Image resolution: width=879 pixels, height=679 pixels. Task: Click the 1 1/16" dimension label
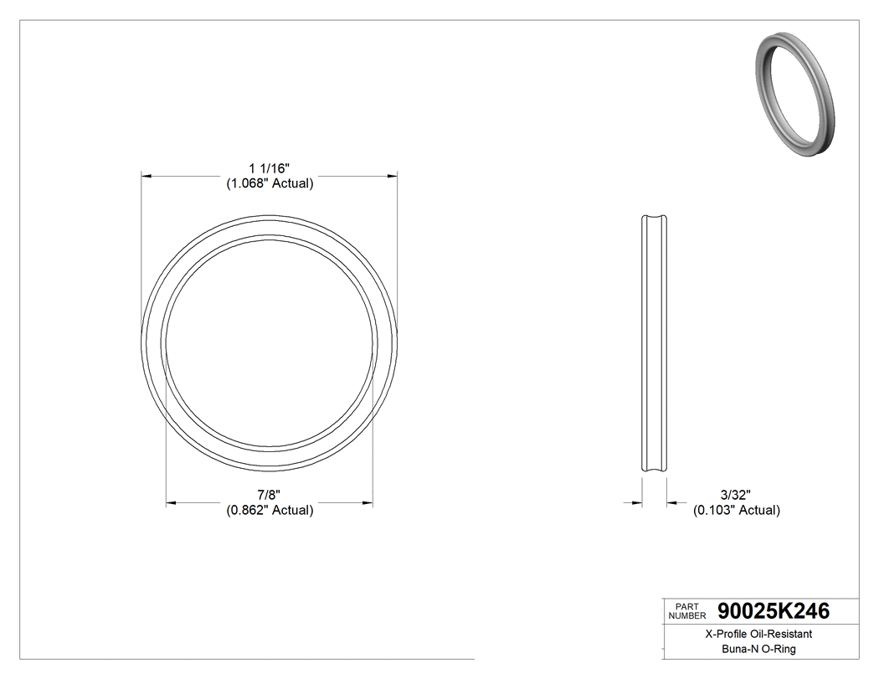click(270, 169)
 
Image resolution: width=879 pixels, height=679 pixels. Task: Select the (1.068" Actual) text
click(270, 184)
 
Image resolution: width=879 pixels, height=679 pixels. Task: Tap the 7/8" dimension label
click(270, 495)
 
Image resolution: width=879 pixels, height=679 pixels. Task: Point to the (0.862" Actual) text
click(270, 510)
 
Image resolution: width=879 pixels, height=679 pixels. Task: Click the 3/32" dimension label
click(736, 495)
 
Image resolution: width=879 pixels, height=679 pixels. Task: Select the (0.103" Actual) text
click(736, 510)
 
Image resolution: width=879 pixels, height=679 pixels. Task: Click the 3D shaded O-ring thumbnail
click(794, 95)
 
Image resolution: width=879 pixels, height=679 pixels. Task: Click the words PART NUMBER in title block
click(687, 611)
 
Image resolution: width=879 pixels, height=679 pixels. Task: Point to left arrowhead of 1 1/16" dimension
click(145, 177)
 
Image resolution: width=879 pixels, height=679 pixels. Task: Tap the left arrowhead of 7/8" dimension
click(170, 502)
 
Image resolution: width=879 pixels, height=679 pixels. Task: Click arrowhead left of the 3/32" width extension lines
click(637, 502)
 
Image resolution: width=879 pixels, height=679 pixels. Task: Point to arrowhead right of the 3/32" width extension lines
click(671, 502)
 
